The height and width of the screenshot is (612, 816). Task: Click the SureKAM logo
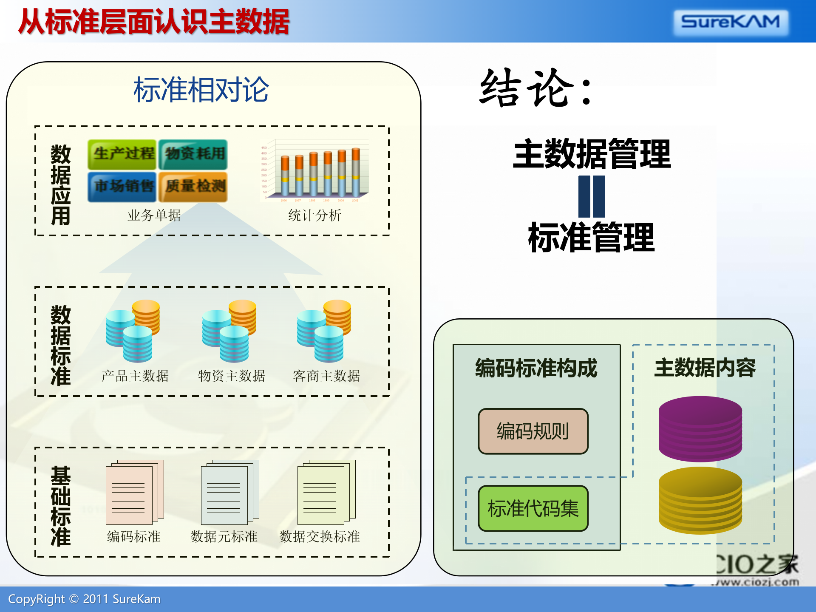pyautogui.click(x=731, y=22)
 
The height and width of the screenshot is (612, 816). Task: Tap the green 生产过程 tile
pyautogui.click(x=123, y=154)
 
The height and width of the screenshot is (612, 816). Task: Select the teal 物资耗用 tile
pyautogui.click(x=193, y=154)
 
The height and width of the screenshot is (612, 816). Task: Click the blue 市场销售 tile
pyautogui.click(x=123, y=186)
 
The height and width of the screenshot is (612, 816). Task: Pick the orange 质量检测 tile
pyautogui.click(x=193, y=186)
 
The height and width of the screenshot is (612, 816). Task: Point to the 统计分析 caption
pyautogui.click(x=314, y=215)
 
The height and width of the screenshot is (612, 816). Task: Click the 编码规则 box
pyautogui.click(x=533, y=431)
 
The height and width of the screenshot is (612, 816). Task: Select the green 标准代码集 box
pyautogui.click(x=533, y=508)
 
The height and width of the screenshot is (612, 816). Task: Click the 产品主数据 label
pyautogui.click(x=135, y=376)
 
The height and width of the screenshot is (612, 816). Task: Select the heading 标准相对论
pyautogui.click(x=201, y=90)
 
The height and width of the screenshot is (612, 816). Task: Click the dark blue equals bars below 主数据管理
pyautogui.click(x=592, y=196)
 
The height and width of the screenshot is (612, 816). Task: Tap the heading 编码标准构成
pyautogui.click(x=536, y=368)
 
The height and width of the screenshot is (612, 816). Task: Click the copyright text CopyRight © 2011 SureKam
pyautogui.click(x=84, y=599)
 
